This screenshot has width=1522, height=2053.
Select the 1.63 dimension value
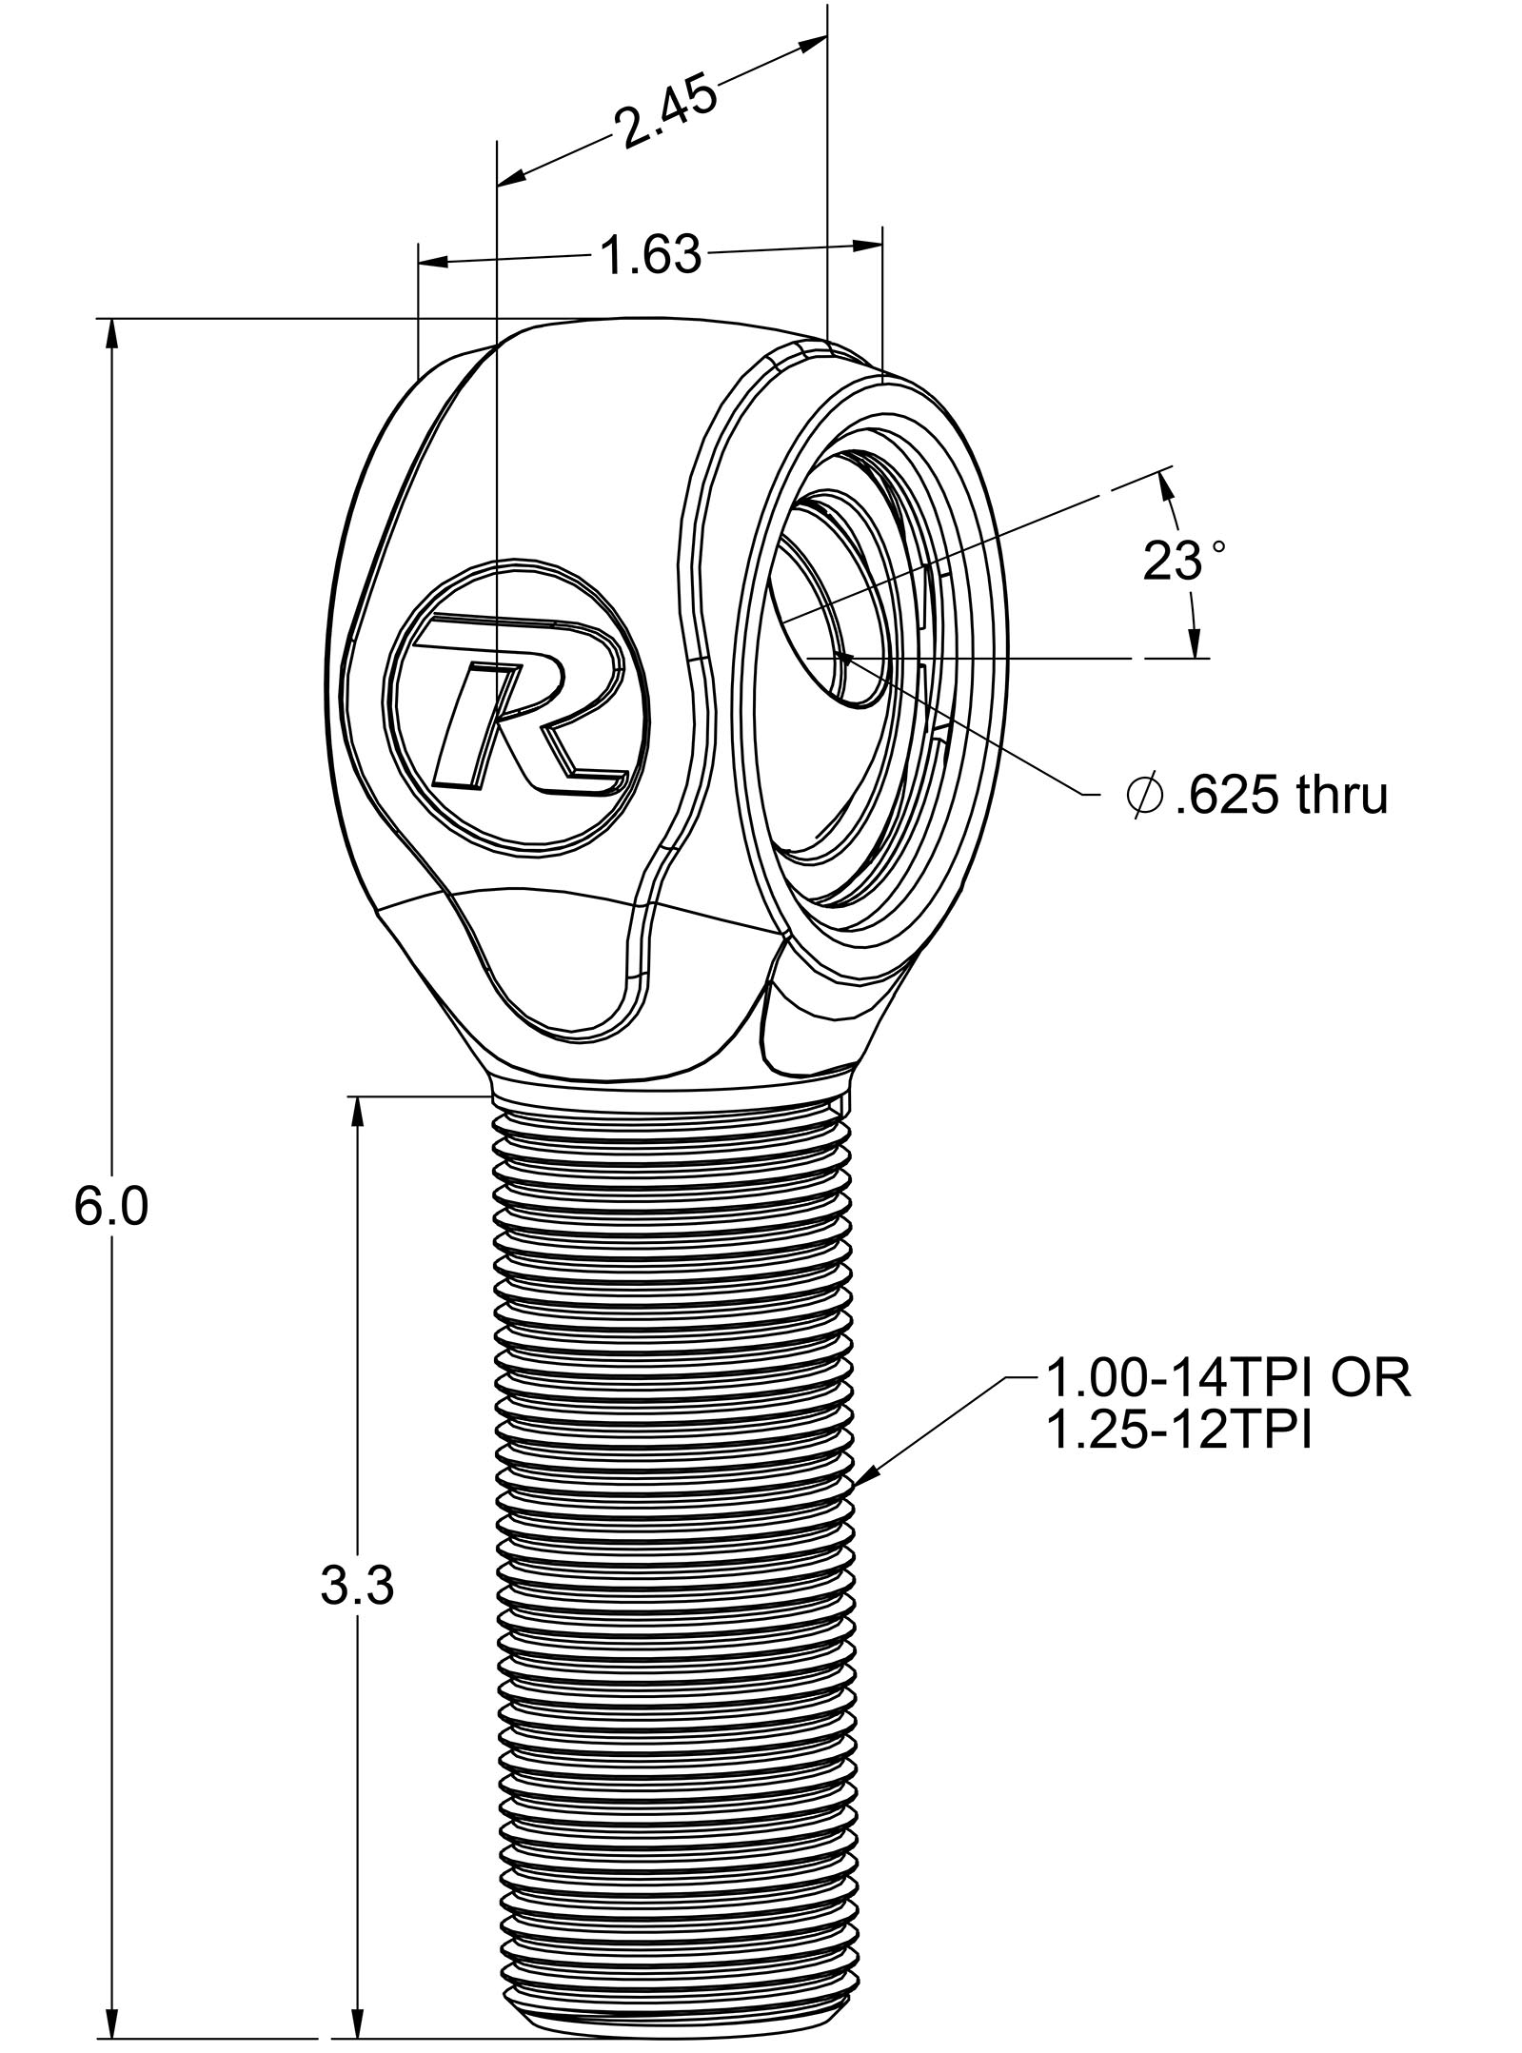click(x=650, y=256)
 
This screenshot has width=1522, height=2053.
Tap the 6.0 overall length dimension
click(x=111, y=1209)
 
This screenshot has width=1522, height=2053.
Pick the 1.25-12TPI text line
click(x=1178, y=1431)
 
